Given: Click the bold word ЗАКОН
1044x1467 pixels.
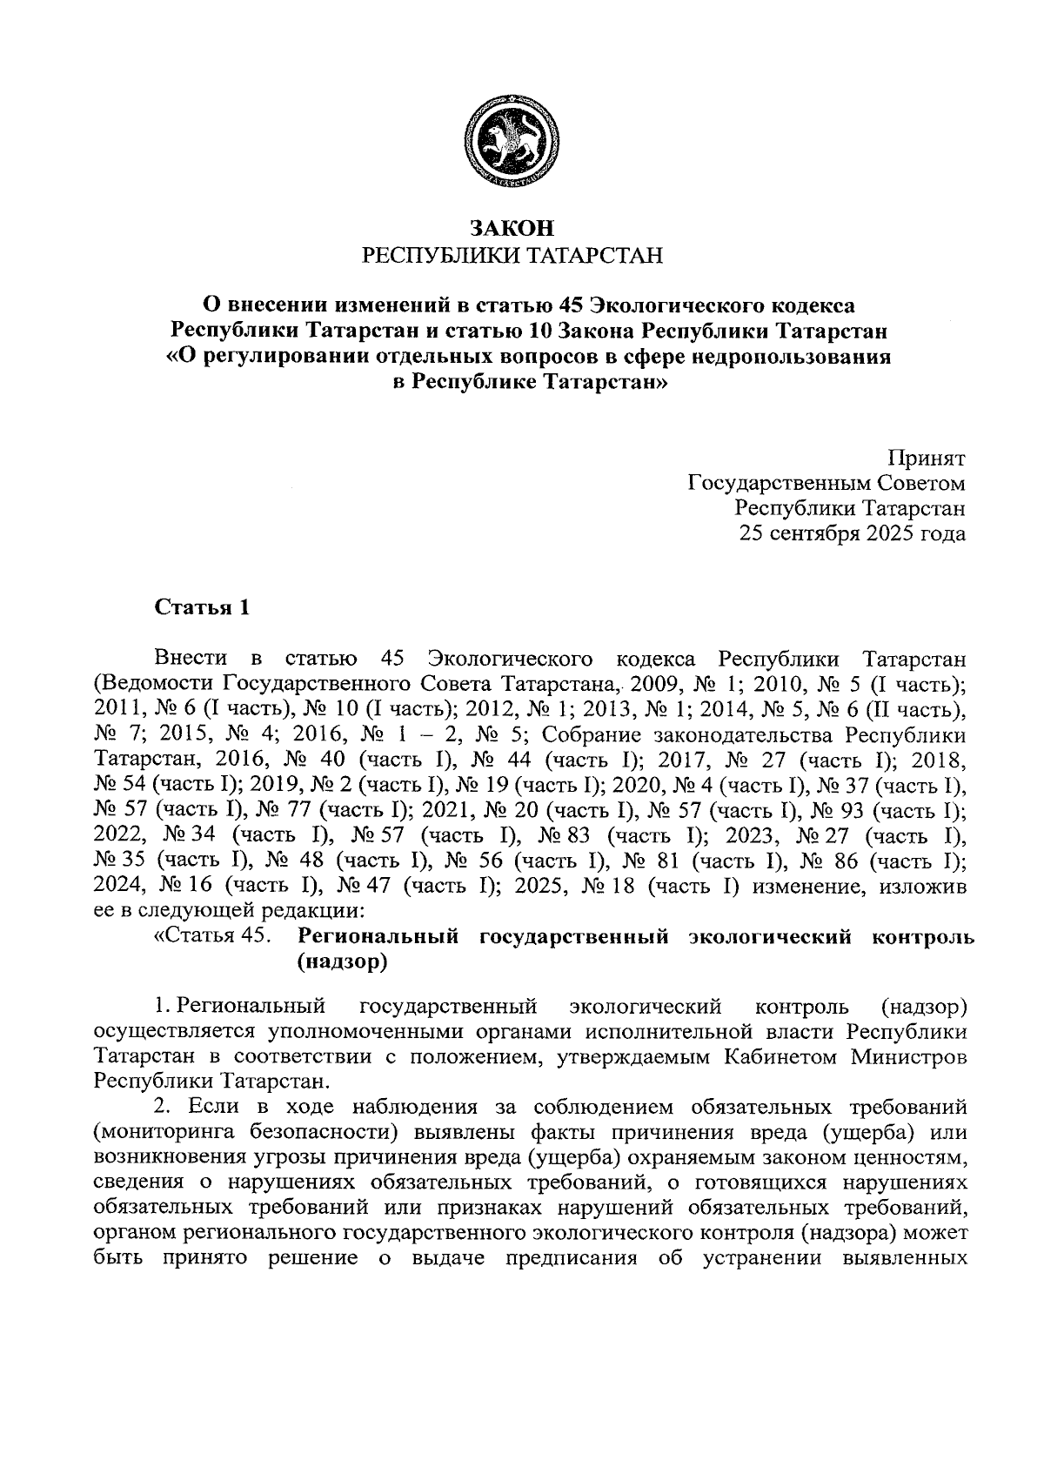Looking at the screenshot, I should (512, 229).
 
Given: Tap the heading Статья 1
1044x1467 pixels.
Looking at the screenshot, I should (202, 607).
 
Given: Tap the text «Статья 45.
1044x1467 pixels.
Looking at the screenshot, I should (210, 937).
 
